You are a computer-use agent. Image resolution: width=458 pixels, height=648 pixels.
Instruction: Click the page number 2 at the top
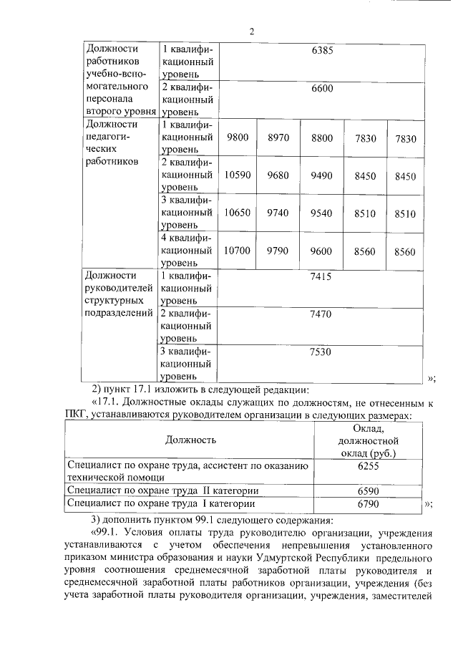point(252,31)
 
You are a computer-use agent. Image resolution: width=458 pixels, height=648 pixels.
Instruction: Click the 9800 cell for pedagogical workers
point(236,137)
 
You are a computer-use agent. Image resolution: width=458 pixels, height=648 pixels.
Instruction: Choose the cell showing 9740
point(278,213)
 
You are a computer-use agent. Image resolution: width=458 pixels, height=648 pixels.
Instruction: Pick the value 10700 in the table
point(236,251)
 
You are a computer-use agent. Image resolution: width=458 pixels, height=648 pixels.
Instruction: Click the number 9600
point(322,251)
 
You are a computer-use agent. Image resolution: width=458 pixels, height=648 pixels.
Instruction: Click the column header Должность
point(190,440)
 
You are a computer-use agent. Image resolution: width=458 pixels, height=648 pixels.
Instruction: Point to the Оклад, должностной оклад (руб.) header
point(367,440)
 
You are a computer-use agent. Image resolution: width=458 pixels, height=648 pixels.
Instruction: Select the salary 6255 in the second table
point(367,465)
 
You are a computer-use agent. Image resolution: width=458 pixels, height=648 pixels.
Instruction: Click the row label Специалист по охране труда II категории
point(162,491)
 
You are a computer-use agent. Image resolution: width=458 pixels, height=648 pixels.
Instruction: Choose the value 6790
point(367,504)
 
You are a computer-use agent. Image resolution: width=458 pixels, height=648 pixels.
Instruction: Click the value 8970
point(278,137)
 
